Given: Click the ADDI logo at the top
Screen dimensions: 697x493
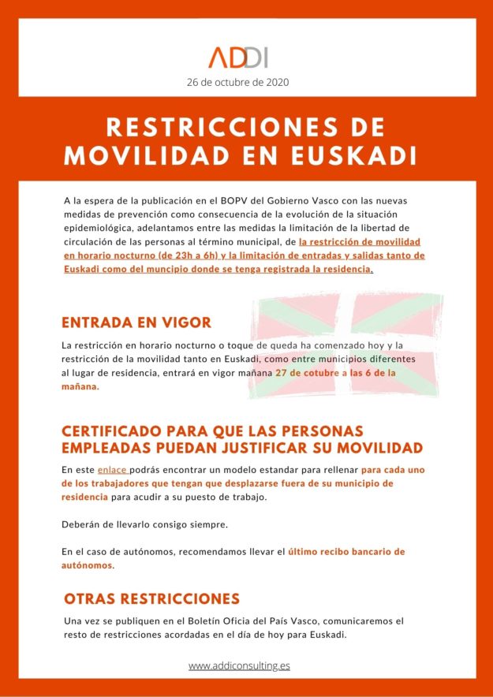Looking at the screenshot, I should (x=239, y=57).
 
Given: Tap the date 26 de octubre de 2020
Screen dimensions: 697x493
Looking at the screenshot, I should (x=238, y=81).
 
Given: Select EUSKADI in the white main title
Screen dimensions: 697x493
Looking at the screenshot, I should (x=364, y=155).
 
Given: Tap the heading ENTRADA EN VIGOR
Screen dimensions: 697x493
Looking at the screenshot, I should (x=136, y=322).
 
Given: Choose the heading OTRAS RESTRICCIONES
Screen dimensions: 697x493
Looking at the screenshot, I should (x=151, y=598).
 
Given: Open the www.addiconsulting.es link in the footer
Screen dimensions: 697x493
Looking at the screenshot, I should (x=239, y=665).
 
